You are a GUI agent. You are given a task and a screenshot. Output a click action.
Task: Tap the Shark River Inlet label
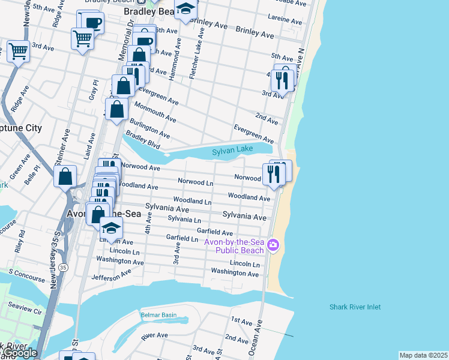coord(355,307)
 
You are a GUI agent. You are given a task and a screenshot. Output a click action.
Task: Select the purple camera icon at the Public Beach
coord(274,245)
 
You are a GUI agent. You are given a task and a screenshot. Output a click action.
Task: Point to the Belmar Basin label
coord(158,314)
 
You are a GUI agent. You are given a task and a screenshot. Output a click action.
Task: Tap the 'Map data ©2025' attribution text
coord(423,355)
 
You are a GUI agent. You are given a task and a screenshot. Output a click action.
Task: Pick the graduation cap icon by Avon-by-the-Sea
coord(111,227)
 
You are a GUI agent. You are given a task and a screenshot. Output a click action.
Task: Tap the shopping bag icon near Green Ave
coord(65,176)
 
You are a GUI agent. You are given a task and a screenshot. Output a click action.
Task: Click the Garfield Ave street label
coord(215,233)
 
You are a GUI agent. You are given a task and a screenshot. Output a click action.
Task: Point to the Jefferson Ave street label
coord(111,275)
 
